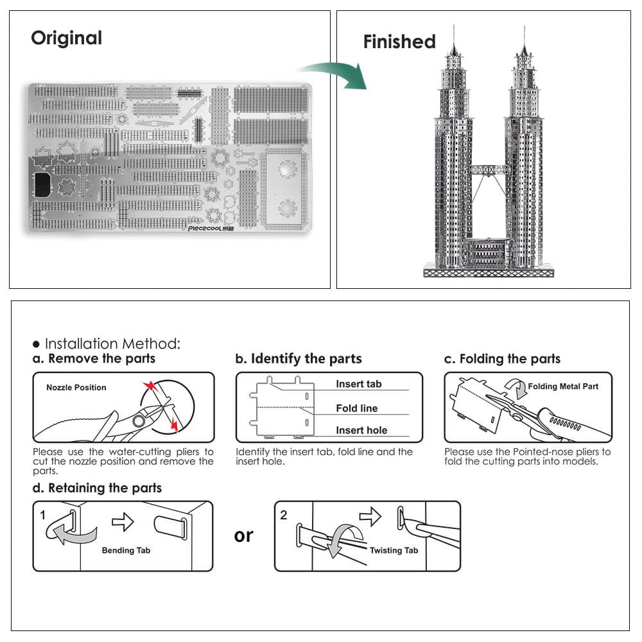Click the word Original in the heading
pos(66,38)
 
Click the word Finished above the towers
pos(399,42)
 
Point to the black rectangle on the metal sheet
pos(44,184)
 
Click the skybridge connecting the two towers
pos(489,170)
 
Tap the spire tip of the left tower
pos(454,27)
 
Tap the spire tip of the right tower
pos(524,27)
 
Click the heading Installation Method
pos(112,344)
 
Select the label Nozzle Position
pos(76,388)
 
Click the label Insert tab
pos(358,384)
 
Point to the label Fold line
pos(356,408)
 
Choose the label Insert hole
pos(361,430)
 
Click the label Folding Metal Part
pos(563,386)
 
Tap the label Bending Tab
pos(126,550)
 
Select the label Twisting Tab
pos(394,550)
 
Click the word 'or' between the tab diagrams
pos(244,535)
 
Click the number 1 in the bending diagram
pos(43,515)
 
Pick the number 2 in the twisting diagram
pos(284,515)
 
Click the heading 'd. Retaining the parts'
pos(97,488)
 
